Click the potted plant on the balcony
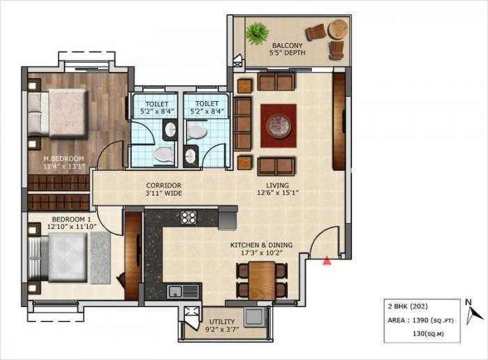point(257,32)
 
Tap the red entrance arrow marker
point(326,261)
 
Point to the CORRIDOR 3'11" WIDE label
point(163,189)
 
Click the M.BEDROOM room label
point(63,163)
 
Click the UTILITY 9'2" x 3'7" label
point(222,326)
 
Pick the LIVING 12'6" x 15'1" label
point(273,190)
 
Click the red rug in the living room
point(278,126)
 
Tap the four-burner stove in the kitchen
point(189,218)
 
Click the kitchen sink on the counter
point(174,290)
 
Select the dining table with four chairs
point(261,280)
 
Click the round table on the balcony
point(338,29)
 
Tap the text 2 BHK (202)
point(408,306)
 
